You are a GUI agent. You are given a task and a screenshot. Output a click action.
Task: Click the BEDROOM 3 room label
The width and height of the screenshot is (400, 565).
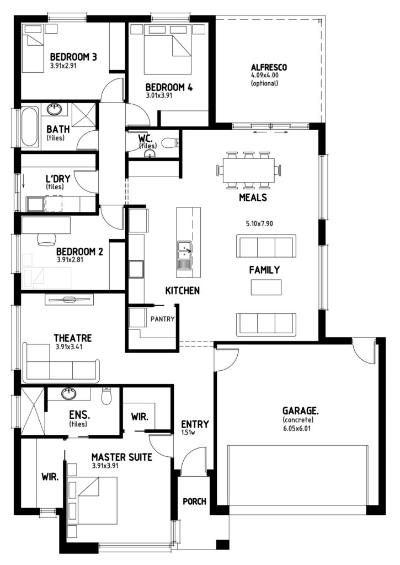73,57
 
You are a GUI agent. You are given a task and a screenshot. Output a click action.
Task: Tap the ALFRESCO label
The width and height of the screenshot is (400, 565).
269,67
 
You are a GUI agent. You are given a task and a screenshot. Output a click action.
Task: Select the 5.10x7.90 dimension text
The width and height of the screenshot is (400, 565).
259,223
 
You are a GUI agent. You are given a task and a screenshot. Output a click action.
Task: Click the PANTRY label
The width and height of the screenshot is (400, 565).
163,319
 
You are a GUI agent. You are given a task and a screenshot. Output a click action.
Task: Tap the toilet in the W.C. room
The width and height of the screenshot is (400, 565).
170,143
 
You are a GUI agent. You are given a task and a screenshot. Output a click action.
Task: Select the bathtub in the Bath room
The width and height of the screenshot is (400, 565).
30,126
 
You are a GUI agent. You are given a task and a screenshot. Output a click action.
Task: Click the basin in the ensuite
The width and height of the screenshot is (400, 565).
69,393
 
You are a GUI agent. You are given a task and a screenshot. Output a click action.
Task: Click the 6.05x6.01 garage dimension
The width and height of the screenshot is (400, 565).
297,428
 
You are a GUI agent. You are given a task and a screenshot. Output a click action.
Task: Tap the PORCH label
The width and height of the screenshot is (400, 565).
195,501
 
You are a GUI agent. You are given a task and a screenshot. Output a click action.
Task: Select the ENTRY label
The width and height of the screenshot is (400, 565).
195,424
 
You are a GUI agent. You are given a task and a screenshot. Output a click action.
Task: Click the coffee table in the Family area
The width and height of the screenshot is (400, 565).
266,287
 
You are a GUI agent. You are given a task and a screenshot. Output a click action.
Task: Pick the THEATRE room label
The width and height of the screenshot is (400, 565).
73,338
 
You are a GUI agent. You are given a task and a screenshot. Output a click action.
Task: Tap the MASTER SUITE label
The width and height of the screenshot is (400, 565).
122,457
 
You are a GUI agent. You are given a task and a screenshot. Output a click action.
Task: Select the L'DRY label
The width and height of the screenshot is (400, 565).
58,178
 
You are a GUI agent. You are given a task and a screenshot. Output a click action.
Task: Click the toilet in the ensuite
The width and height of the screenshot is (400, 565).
106,396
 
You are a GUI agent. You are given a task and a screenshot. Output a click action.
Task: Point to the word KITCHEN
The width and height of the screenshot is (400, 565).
182,290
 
